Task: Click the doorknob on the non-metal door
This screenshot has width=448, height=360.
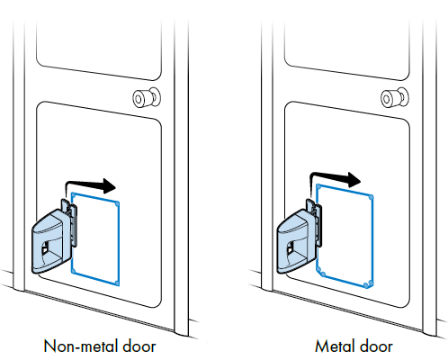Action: tap(144, 98)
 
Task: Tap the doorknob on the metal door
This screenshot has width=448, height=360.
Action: tap(393, 98)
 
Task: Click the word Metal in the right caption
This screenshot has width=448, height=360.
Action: tap(333, 345)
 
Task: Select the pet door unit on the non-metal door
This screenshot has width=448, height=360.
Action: tap(50, 239)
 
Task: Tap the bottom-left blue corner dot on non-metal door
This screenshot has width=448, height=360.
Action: tap(74, 274)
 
